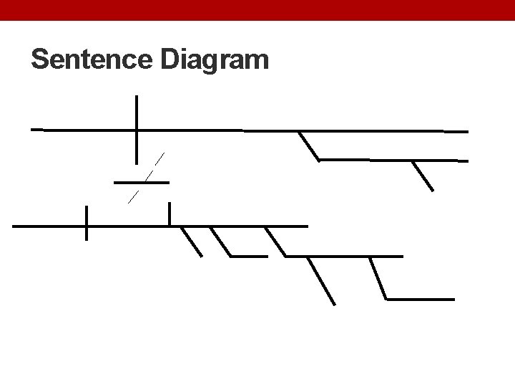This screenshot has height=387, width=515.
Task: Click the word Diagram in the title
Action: [215, 61]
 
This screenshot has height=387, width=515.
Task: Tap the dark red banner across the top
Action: [257, 10]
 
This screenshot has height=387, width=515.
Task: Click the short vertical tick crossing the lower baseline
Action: [87, 223]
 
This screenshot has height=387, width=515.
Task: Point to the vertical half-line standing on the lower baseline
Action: [170, 214]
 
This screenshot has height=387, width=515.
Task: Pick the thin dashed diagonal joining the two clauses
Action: [147, 178]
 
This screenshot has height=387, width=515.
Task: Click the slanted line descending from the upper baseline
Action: [309, 145]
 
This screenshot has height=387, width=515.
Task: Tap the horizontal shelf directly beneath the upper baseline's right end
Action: [393, 161]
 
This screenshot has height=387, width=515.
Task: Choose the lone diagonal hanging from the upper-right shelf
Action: [423, 176]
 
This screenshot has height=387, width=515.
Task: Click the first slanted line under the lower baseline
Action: [192, 242]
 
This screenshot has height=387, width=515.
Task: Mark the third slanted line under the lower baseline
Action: [275, 242]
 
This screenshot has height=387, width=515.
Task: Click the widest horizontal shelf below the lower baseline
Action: [343, 256]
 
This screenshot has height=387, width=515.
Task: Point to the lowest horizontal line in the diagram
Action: [420, 299]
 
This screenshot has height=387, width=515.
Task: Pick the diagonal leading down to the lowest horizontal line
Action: [378, 278]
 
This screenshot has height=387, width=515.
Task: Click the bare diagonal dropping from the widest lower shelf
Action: [321, 280]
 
